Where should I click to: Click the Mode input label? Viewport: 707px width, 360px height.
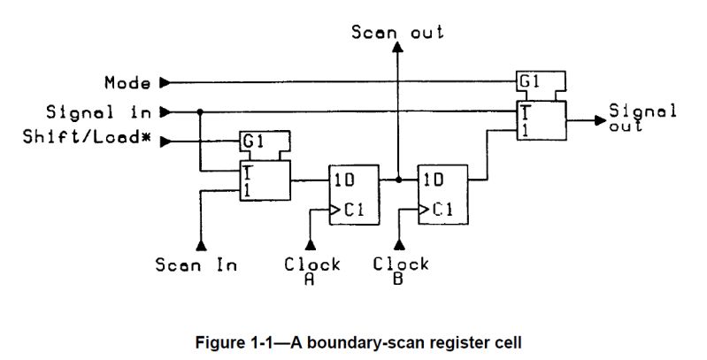(127, 83)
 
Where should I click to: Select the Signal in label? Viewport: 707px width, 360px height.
(99, 112)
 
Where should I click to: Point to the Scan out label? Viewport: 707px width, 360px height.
(397, 33)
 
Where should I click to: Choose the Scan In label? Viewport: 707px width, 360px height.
(196, 264)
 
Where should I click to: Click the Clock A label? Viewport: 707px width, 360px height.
(312, 268)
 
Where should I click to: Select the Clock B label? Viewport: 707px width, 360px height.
(401, 268)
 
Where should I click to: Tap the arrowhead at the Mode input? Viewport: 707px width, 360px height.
(164, 83)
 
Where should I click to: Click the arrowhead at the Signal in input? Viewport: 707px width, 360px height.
(164, 112)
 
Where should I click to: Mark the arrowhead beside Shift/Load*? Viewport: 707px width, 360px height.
(164, 141)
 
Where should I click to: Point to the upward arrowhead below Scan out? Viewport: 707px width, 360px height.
(397, 51)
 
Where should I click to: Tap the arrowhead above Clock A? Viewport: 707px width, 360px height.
(311, 243)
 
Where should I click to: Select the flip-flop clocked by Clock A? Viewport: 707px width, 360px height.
(351, 195)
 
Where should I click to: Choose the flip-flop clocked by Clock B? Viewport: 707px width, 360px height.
(441, 195)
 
